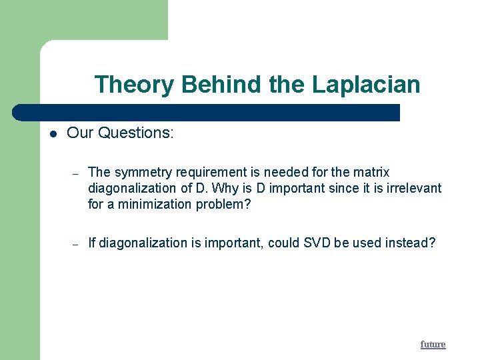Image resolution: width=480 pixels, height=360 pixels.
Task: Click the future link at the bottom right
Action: pyautogui.click(x=433, y=344)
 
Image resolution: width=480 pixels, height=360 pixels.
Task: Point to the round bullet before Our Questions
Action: pyautogui.click(x=53, y=133)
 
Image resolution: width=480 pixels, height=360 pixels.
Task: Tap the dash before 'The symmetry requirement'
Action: pyautogui.click(x=76, y=173)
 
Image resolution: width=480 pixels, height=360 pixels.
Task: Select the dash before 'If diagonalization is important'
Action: pyautogui.click(x=76, y=244)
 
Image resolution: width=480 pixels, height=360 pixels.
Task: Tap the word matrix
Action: pyautogui.click(x=372, y=172)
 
